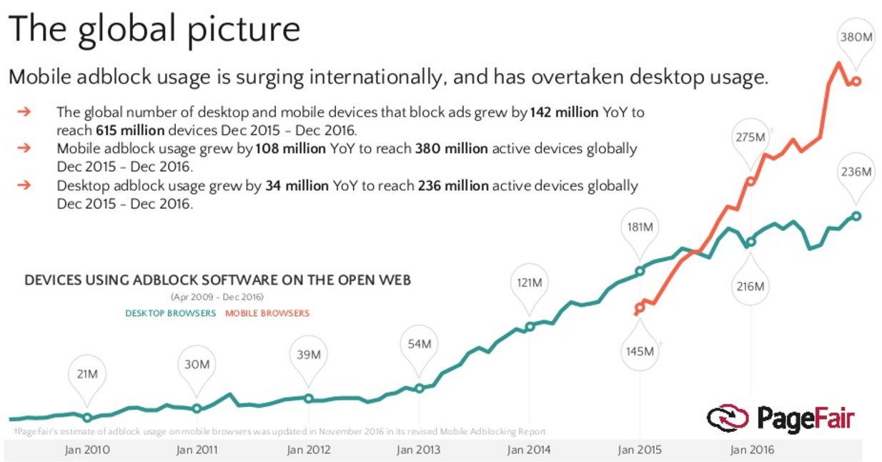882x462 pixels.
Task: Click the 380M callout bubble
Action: (855, 37)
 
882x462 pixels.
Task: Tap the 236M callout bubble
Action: (856, 172)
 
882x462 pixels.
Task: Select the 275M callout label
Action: (750, 137)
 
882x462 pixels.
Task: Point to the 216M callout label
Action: (750, 287)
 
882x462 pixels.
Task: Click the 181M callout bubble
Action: (640, 227)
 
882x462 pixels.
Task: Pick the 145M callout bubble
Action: (640, 351)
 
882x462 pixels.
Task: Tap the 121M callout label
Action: (529, 282)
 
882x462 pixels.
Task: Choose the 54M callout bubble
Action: (419, 344)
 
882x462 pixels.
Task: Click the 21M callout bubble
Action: (87, 374)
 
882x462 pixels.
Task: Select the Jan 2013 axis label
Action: (419, 450)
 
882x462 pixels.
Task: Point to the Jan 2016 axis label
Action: (750, 450)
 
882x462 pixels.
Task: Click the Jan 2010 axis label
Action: (87, 450)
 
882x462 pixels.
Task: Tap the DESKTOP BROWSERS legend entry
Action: (170, 313)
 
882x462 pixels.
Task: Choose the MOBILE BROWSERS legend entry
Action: (267, 313)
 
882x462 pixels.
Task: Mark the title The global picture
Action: (154, 30)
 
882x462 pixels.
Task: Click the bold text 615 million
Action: (130, 131)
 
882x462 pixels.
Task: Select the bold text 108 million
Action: (290, 149)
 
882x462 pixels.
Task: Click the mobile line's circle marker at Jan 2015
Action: (640, 308)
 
